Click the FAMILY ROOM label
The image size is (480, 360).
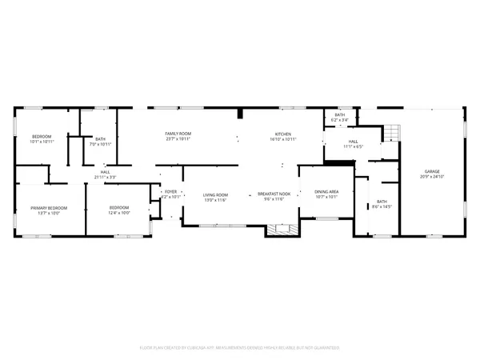tap(178, 133)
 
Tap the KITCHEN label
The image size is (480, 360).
tap(283, 134)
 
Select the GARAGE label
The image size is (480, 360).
tap(432, 170)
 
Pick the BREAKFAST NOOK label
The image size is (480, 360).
tap(271, 194)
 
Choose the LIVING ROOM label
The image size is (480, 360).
tap(215, 194)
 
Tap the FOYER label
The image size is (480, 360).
tap(170, 192)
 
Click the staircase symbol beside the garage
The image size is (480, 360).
tap(390, 133)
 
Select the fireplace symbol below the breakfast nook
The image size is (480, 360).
tap(281, 230)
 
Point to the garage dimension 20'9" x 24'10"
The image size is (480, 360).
tap(432, 176)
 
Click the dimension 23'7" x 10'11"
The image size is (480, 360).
tap(178, 138)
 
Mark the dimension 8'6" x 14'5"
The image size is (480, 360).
tap(382, 206)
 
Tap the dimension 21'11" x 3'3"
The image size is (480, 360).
tap(105, 176)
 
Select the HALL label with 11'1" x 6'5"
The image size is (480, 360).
tap(353, 142)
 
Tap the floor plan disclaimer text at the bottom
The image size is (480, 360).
tap(240, 348)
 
